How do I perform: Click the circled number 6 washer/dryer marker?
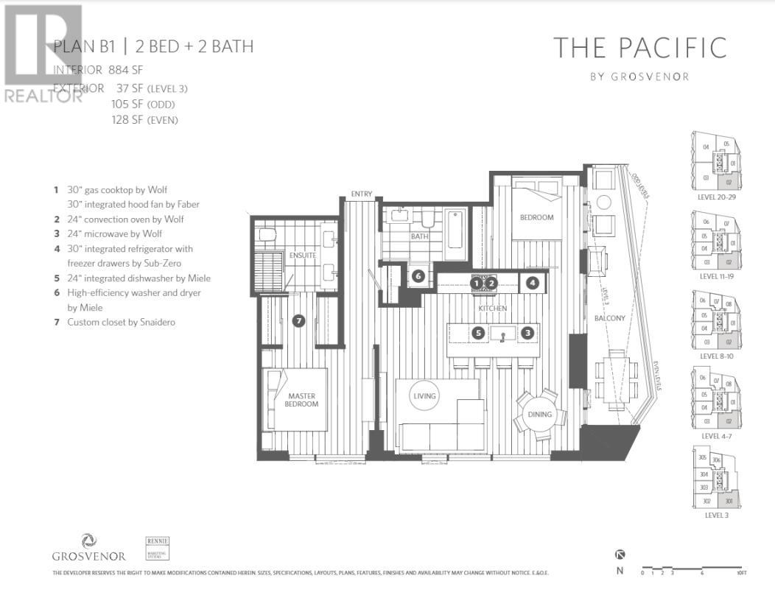[418, 275]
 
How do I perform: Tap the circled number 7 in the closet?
[298, 320]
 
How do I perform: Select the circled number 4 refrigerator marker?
[532, 282]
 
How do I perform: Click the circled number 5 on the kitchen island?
[479, 333]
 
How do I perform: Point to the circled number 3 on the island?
[527, 333]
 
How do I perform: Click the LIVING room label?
[425, 395]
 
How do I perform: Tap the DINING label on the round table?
[539, 414]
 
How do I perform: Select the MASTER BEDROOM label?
[302, 400]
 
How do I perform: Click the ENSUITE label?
[302, 256]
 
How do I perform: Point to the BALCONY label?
[610, 318]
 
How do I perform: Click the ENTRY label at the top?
[361, 194]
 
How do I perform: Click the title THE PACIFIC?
[639, 48]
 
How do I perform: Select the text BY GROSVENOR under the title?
[639, 75]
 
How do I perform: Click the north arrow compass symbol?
[620, 555]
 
